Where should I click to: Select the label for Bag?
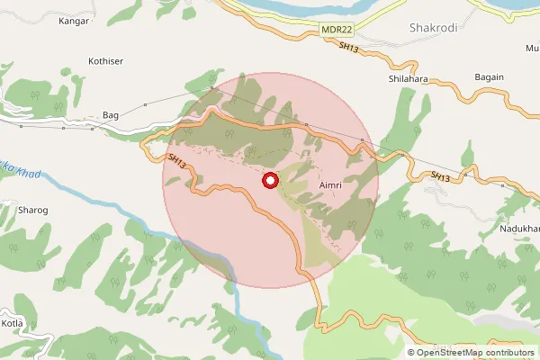111,116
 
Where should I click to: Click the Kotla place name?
13,323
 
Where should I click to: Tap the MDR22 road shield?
335,31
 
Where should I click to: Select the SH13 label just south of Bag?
177,161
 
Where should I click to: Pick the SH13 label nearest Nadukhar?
439,176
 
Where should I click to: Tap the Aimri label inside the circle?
329,184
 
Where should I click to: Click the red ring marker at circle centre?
270,181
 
